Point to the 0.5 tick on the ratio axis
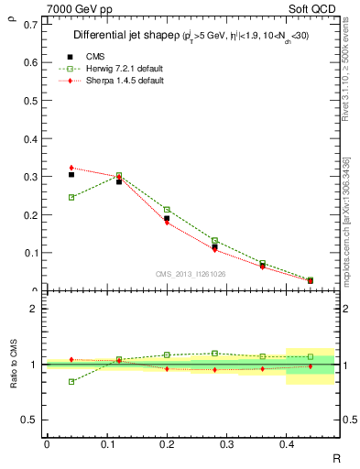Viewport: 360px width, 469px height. pos(30,420)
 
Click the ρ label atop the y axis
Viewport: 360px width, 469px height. pos(12,13)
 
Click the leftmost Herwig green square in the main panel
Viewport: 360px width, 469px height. pos(71,197)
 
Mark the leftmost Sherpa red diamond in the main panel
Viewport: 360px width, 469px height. pos(71,168)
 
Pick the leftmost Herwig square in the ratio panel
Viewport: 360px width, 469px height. pos(71,381)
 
